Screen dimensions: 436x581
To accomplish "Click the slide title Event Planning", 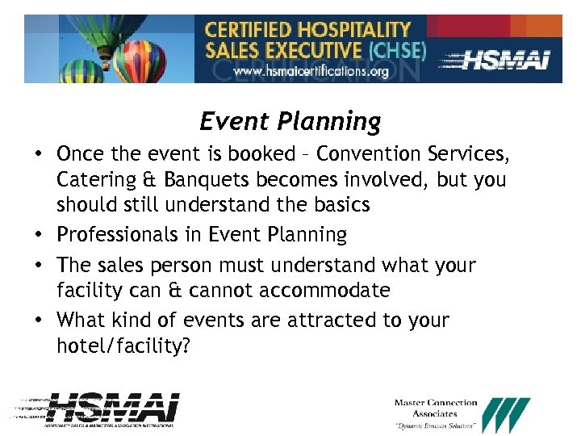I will coord(290,121).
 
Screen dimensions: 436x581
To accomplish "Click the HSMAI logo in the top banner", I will coord(499,59).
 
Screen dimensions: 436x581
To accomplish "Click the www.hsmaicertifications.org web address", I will coord(311,72).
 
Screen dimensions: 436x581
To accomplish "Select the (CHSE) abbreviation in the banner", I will coord(396,50).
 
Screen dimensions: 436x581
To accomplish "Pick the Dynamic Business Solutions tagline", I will coord(436,426).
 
